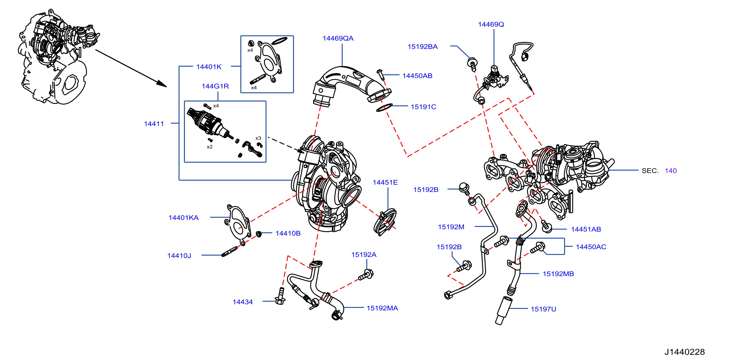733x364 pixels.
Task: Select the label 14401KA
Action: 183,218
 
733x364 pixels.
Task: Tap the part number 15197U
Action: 543,309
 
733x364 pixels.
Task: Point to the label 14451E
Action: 385,182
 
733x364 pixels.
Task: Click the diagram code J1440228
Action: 684,352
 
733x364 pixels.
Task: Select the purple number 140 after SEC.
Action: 671,171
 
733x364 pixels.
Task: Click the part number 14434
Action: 242,302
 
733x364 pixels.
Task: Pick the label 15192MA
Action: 382,308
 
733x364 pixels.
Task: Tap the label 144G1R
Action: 215,86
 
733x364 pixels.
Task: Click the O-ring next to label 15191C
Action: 384,108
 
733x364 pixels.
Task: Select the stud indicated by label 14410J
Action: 229,251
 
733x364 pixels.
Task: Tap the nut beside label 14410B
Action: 259,234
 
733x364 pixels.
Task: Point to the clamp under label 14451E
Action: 385,222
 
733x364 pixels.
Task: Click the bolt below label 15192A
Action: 366,275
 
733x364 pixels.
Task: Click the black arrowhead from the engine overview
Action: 161,84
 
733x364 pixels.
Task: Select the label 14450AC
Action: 591,247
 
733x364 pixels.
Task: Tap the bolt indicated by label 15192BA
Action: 472,65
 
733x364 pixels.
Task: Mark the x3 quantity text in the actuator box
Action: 258,138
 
